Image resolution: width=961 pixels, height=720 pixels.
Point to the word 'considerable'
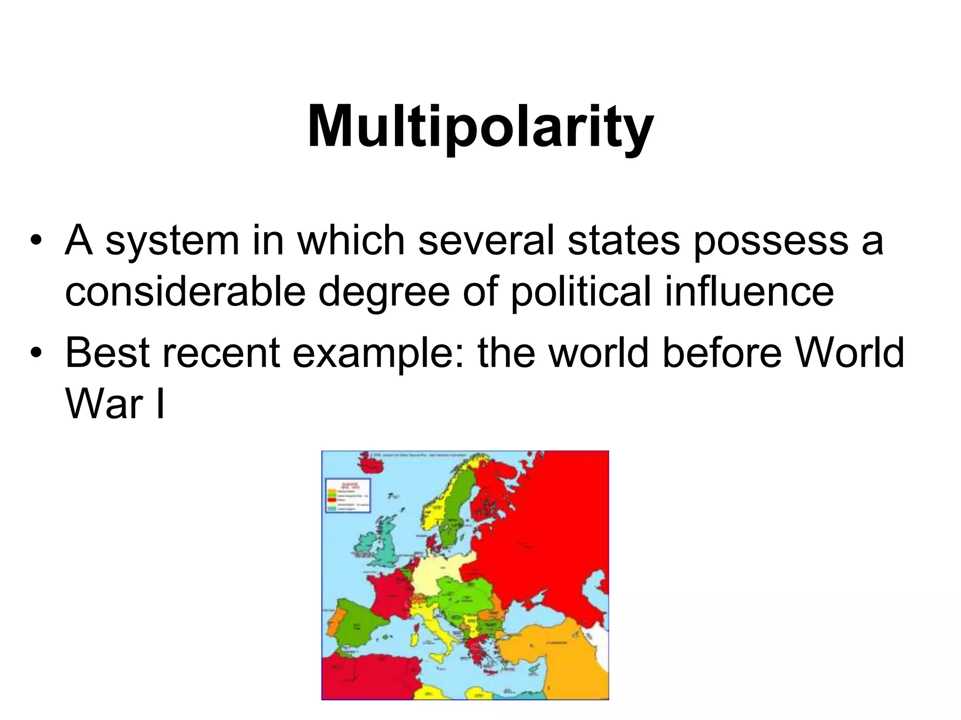click(185, 292)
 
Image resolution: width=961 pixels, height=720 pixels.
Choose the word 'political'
click(580, 292)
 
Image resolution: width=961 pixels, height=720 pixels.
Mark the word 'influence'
click(749, 292)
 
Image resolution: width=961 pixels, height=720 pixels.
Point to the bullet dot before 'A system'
click(36, 242)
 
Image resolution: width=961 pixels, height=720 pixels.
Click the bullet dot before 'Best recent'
click(36, 353)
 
